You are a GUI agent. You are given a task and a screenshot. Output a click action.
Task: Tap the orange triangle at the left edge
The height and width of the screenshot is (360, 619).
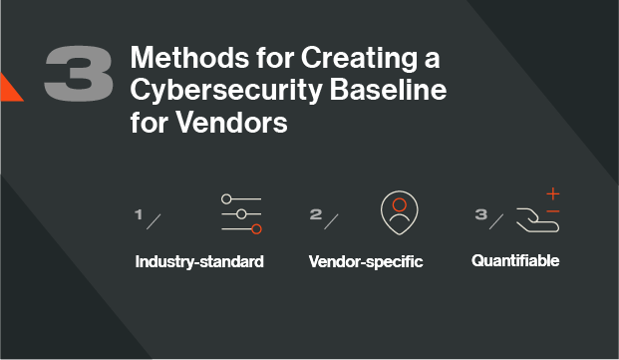pos(9,88)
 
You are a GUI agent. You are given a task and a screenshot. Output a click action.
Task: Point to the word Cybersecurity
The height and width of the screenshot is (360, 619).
pos(217,92)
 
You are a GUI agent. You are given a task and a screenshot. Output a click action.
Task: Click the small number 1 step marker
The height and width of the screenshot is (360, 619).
pos(140,213)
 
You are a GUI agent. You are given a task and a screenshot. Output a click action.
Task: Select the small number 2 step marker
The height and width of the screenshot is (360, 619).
pos(315,213)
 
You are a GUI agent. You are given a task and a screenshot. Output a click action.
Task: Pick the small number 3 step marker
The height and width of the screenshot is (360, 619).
pos(480,213)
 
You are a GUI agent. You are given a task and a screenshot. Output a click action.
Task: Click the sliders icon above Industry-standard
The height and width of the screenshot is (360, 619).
pos(241,214)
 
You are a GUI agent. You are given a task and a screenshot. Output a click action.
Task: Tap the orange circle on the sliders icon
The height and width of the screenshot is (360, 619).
pos(256,229)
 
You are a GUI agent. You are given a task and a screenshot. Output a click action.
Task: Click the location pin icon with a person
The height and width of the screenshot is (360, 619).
pos(400,212)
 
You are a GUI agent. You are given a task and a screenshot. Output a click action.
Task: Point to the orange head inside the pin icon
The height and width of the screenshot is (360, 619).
pos(400,204)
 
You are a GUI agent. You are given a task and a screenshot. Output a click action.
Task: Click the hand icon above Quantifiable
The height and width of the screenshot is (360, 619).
pos(536,219)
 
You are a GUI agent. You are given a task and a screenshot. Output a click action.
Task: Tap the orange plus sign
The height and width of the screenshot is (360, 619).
pos(553,193)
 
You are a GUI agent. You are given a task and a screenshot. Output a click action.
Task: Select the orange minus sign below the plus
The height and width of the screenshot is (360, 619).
pos(553,211)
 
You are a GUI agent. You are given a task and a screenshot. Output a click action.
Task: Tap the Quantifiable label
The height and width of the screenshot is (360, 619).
pos(515,261)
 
